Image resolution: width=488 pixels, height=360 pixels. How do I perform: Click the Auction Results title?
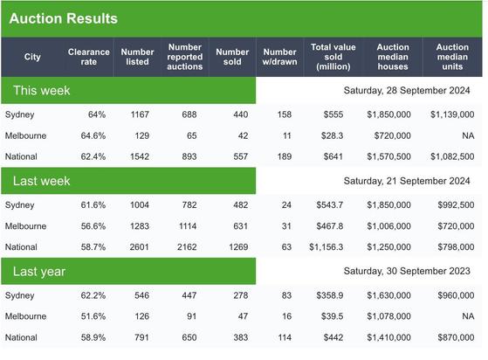pyautogui.click(x=64, y=18)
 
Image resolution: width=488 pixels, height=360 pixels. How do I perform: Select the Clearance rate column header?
pyautogui.click(x=89, y=57)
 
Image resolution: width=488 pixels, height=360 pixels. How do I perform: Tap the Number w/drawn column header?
pyautogui.click(x=279, y=57)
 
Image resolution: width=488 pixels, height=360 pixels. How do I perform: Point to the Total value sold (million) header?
pyautogui.click(x=333, y=57)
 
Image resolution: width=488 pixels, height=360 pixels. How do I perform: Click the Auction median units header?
pyautogui.click(x=452, y=57)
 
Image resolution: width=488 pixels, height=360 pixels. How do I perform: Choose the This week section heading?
pyautogui.click(x=42, y=90)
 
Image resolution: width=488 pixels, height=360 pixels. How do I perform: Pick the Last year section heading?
pyautogui.click(x=39, y=272)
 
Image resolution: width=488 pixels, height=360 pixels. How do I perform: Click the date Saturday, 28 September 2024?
pyautogui.click(x=407, y=90)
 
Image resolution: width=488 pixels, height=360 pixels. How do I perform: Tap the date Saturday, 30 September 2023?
pyautogui.click(x=407, y=271)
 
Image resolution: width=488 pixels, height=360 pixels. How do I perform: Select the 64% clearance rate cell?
pyautogui.click(x=97, y=114)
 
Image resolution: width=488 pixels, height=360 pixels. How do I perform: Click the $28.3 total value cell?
pyautogui.click(x=332, y=135)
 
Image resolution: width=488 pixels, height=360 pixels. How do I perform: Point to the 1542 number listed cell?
pyautogui.click(x=140, y=156)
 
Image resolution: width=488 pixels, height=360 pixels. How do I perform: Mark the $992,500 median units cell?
pyautogui.click(x=456, y=205)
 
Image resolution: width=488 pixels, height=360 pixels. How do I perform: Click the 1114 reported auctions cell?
pyautogui.click(x=188, y=226)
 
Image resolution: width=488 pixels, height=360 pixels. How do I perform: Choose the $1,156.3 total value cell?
pyautogui.click(x=326, y=247)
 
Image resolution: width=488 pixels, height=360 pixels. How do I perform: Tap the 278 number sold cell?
pyautogui.click(x=241, y=295)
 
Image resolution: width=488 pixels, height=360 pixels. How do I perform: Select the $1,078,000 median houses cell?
pyautogui.click(x=388, y=316)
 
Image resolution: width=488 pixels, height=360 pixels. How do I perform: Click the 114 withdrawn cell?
pyautogui.click(x=285, y=337)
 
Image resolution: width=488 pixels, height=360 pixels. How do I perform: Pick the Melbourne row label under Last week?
pyautogui.click(x=26, y=226)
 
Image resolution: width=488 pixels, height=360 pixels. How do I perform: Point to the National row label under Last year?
pyautogui.click(x=21, y=337)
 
